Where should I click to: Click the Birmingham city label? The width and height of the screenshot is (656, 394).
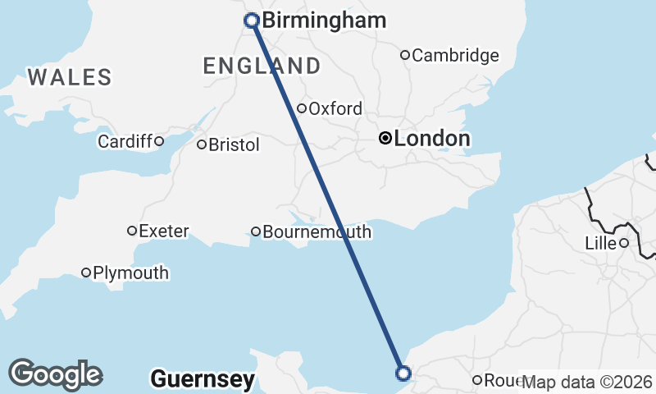pyautogui.click(x=324, y=21)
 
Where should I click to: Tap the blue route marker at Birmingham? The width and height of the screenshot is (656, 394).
pyautogui.click(x=252, y=21)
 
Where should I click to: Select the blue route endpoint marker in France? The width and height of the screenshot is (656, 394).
pyautogui.click(x=403, y=373)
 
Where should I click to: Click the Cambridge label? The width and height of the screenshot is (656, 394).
pyautogui.click(x=455, y=56)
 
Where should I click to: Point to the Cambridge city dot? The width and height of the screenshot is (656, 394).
pyautogui.click(x=405, y=55)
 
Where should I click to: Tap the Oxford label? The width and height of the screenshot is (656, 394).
pyautogui.click(x=335, y=108)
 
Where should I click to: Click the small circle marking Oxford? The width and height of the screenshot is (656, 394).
pyautogui.click(x=302, y=108)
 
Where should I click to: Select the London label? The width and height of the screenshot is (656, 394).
pyautogui.click(x=432, y=139)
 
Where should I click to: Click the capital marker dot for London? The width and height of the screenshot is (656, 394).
pyautogui.click(x=385, y=139)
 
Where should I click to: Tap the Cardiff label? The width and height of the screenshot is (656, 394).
pyautogui.click(x=125, y=141)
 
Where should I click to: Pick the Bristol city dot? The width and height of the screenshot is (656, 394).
pyautogui.click(x=202, y=144)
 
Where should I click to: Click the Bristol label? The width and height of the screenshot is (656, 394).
pyautogui.click(x=235, y=144)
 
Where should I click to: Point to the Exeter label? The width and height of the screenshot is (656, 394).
pyautogui.click(x=164, y=231)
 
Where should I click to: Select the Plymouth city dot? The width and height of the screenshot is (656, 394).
pyautogui.click(x=86, y=273)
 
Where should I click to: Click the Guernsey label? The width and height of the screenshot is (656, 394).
pyautogui.click(x=203, y=379)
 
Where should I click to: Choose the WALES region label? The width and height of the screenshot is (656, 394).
pyautogui.click(x=70, y=78)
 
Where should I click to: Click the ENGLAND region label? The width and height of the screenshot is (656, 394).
pyautogui.click(x=262, y=66)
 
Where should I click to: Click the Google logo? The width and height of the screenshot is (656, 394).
pyautogui.click(x=55, y=374)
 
